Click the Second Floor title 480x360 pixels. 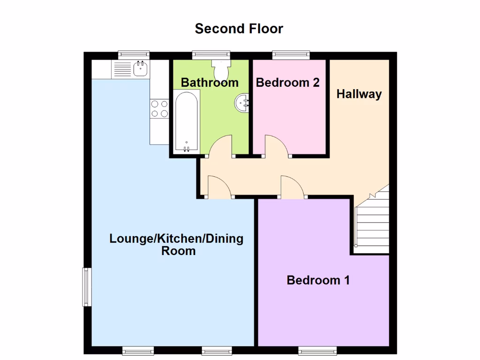[239, 29]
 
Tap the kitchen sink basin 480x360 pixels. [140, 69]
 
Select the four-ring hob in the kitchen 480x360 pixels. [159, 108]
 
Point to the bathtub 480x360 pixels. [187, 121]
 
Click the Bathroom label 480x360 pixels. [210, 83]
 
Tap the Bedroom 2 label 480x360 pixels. [288, 82]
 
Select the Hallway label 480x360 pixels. [359, 94]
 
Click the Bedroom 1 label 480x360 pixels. [318, 280]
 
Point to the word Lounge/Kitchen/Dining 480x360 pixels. [176, 239]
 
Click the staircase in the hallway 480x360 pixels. [373, 220]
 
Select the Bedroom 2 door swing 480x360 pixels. [277, 145]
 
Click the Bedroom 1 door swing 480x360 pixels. [292, 186]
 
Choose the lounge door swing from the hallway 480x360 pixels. [219, 187]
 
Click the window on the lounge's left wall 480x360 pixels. [87, 286]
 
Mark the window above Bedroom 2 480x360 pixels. [292, 55]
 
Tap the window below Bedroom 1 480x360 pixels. [318, 350]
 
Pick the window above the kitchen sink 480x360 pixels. [134, 55]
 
